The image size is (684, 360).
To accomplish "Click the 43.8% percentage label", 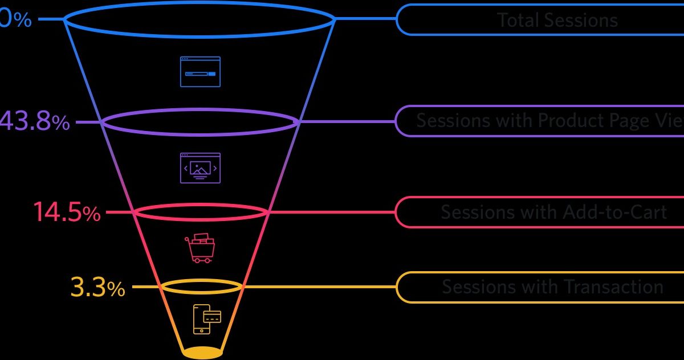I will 35,121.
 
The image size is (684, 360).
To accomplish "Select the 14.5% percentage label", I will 67,212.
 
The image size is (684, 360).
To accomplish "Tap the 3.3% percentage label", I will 97,287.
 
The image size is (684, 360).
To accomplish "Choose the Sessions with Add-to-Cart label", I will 553,212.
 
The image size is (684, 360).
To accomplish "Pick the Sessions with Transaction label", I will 552,286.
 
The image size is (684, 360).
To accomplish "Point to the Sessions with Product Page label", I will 547,121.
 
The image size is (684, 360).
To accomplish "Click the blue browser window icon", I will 200,72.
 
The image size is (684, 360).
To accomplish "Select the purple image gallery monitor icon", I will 200,167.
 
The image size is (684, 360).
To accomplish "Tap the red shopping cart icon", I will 199,248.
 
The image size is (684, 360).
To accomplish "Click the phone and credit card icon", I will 206,319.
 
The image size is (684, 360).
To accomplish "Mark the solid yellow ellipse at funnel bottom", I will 202,353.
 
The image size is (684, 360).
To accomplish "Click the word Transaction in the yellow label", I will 613,286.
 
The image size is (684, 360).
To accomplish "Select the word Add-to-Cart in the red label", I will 614,212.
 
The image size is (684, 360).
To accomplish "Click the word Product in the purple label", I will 581,121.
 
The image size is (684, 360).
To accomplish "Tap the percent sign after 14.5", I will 92,214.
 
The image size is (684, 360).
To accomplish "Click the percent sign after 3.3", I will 116,289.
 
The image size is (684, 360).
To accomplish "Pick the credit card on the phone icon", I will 212,316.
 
